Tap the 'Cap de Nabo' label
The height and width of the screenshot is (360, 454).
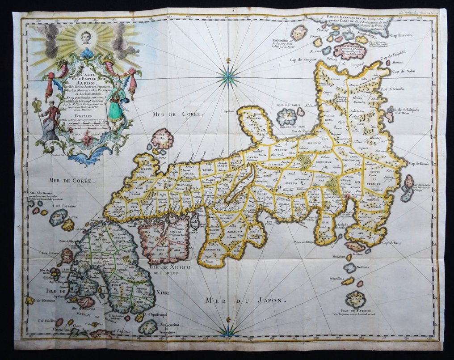pyautogui.click(x=401, y=71)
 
